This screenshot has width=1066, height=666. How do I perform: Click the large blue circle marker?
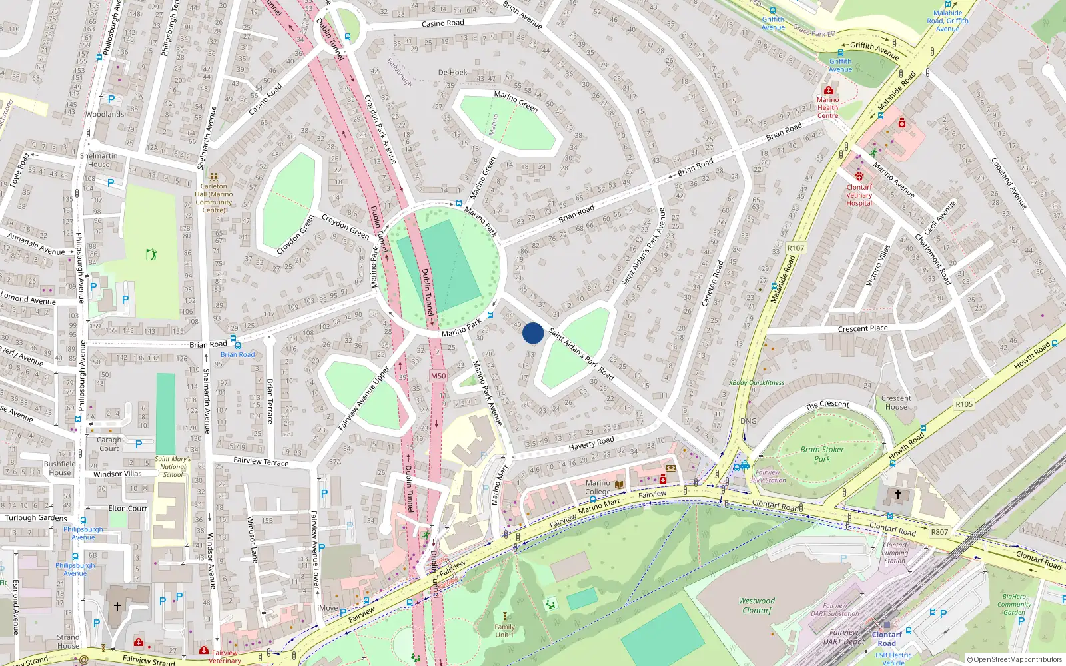(533, 333)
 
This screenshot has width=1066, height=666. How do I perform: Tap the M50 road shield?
(438, 376)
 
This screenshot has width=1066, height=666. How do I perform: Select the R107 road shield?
(796, 248)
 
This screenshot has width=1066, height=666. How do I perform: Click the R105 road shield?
(963, 404)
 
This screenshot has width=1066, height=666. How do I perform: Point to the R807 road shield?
(939, 531)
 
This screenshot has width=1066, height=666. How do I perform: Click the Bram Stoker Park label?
(822, 454)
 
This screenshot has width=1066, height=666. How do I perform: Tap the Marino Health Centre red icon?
(828, 91)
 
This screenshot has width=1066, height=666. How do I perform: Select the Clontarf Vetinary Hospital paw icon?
(859, 176)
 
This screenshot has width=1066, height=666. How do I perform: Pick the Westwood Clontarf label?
(757, 605)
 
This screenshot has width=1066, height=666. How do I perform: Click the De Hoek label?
(452, 72)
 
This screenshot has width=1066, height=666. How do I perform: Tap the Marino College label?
(598, 487)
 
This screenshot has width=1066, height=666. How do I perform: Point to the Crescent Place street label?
(863, 328)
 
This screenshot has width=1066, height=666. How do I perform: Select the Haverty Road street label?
(591, 442)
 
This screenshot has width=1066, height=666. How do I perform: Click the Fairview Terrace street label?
(261, 461)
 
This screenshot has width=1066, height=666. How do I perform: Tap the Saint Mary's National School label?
(173, 466)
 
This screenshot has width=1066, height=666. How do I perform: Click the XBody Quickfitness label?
(756, 383)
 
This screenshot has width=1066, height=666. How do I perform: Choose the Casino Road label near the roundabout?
(442, 23)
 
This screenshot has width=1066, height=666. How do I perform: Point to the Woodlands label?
(105, 114)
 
